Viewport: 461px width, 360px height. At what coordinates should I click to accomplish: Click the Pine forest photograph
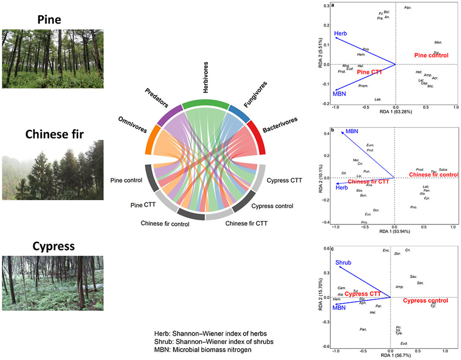pos(52,59)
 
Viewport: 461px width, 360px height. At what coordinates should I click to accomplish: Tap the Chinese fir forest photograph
pos(52,170)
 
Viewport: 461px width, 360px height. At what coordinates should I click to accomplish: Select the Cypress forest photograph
pos(52,283)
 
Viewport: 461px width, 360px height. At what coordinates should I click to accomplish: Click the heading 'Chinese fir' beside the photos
pos(52,134)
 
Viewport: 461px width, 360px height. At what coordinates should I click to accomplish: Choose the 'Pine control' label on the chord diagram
pos(126,180)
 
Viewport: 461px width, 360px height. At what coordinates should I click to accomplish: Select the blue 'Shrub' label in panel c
pos(343,263)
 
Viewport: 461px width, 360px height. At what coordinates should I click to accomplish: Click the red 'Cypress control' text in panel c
pos(425,301)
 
